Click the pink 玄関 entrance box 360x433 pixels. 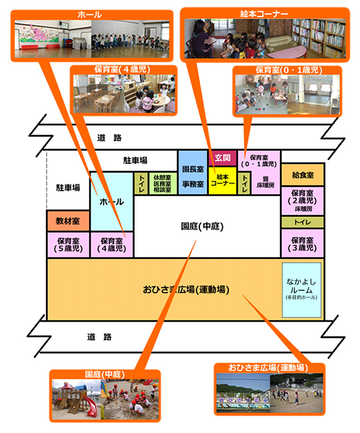[223, 158]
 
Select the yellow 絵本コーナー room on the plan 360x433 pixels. [223, 181]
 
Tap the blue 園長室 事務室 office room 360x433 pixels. [193, 173]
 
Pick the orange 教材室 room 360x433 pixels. [68, 221]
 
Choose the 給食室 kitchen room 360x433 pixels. [303, 175]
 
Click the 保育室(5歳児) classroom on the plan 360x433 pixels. [68, 245]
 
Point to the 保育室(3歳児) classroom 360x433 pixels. [303, 244]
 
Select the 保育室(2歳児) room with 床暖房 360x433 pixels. [303, 201]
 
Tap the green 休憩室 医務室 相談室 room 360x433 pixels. [163, 183]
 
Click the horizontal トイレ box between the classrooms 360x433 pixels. [303, 222]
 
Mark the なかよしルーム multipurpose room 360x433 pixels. [301, 290]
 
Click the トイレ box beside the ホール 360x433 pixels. [141, 183]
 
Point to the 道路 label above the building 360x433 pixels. [109, 137]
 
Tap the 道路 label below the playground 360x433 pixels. [99, 337]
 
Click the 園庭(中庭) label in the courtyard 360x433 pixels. [202, 226]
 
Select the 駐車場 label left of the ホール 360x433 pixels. [68, 188]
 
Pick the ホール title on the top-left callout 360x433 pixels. [89, 15]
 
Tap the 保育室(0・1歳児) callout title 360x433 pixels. [289, 70]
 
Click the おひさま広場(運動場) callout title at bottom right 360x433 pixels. [268, 368]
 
